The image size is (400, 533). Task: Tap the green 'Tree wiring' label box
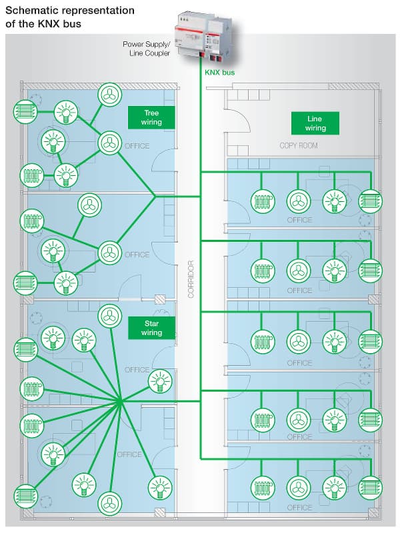pos(151,118)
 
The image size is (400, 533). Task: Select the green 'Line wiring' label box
pos(315,123)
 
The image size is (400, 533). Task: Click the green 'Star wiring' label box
pos(151,327)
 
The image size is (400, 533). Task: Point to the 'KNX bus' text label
pos(221,71)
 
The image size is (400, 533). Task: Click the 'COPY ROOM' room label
pos(298,145)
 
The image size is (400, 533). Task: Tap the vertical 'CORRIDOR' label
pos(191,278)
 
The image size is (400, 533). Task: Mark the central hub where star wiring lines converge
pos(120,402)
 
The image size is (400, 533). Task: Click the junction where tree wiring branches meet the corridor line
pos(155,197)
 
